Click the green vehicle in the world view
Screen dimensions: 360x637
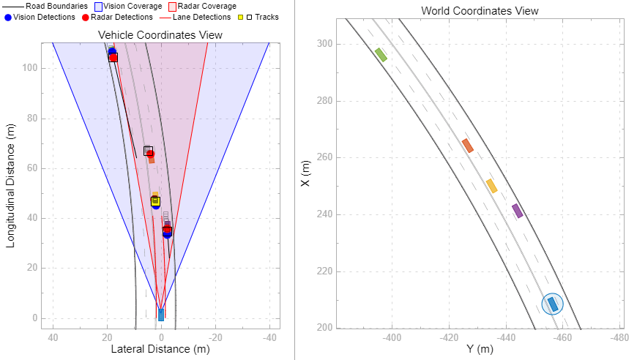tap(381, 54)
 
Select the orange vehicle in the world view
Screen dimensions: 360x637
tap(467, 146)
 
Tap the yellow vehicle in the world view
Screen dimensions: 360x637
tap(491, 186)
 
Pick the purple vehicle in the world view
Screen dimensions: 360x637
tap(518, 211)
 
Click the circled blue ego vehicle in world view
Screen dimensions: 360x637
tap(553, 304)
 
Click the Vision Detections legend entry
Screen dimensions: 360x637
tap(40, 17)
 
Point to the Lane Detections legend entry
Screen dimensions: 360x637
tap(195, 17)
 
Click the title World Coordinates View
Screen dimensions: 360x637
tap(480, 11)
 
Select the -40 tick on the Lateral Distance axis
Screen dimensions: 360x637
tap(269, 337)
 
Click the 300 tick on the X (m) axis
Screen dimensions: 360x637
tap(324, 44)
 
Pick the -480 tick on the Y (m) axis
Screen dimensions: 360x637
tap(619, 338)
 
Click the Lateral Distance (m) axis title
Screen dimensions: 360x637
tap(160, 350)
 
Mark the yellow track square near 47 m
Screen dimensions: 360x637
tap(155, 200)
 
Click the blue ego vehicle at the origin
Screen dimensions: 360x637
tap(161, 315)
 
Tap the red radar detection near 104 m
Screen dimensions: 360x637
tap(113, 57)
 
